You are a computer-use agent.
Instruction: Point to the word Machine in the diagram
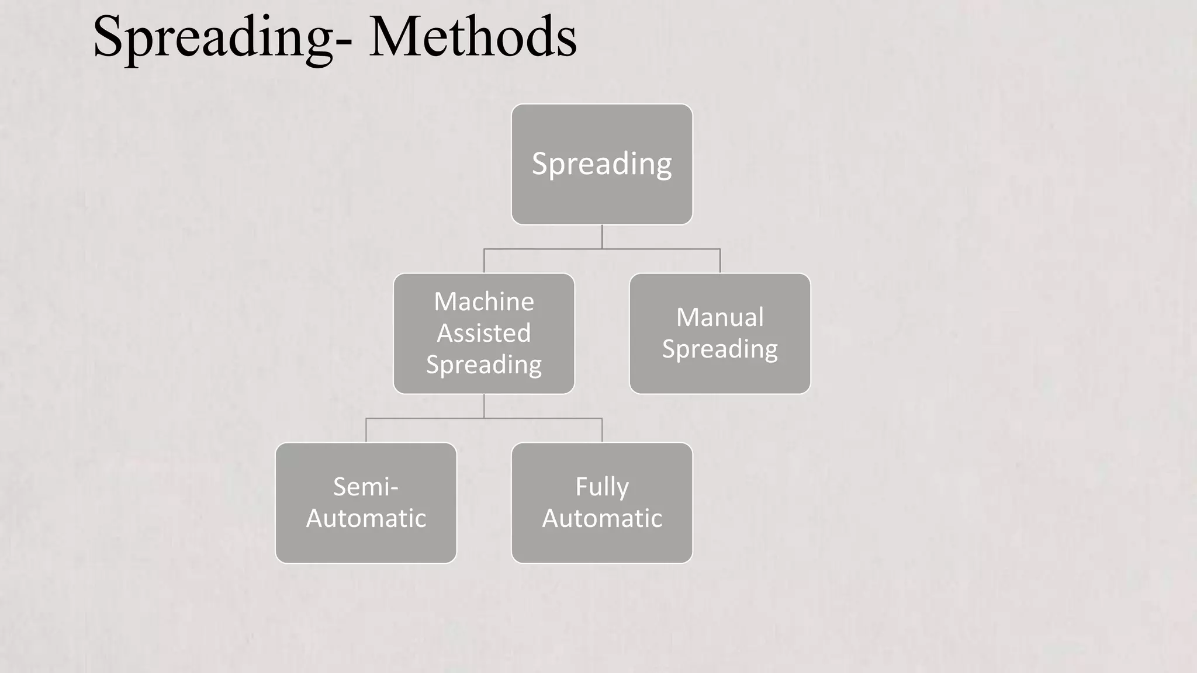(x=483, y=302)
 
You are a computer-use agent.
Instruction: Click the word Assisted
(x=483, y=333)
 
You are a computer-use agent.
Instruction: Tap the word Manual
(x=719, y=317)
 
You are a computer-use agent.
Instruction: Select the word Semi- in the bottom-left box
(x=365, y=487)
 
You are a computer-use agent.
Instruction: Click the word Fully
(x=601, y=487)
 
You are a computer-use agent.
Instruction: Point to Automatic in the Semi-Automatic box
(x=365, y=518)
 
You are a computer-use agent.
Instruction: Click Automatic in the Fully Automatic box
(x=601, y=518)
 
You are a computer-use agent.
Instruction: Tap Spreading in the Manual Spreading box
(x=719, y=349)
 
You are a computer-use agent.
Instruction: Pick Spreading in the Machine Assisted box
(x=483, y=365)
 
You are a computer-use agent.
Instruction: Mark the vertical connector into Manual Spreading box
(x=719, y=261)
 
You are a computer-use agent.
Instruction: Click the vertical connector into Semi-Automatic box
(x=366, y=431)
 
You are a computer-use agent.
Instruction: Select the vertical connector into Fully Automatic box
(x=602, y=431)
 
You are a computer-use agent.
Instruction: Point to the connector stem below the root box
(x=602, y=237)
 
